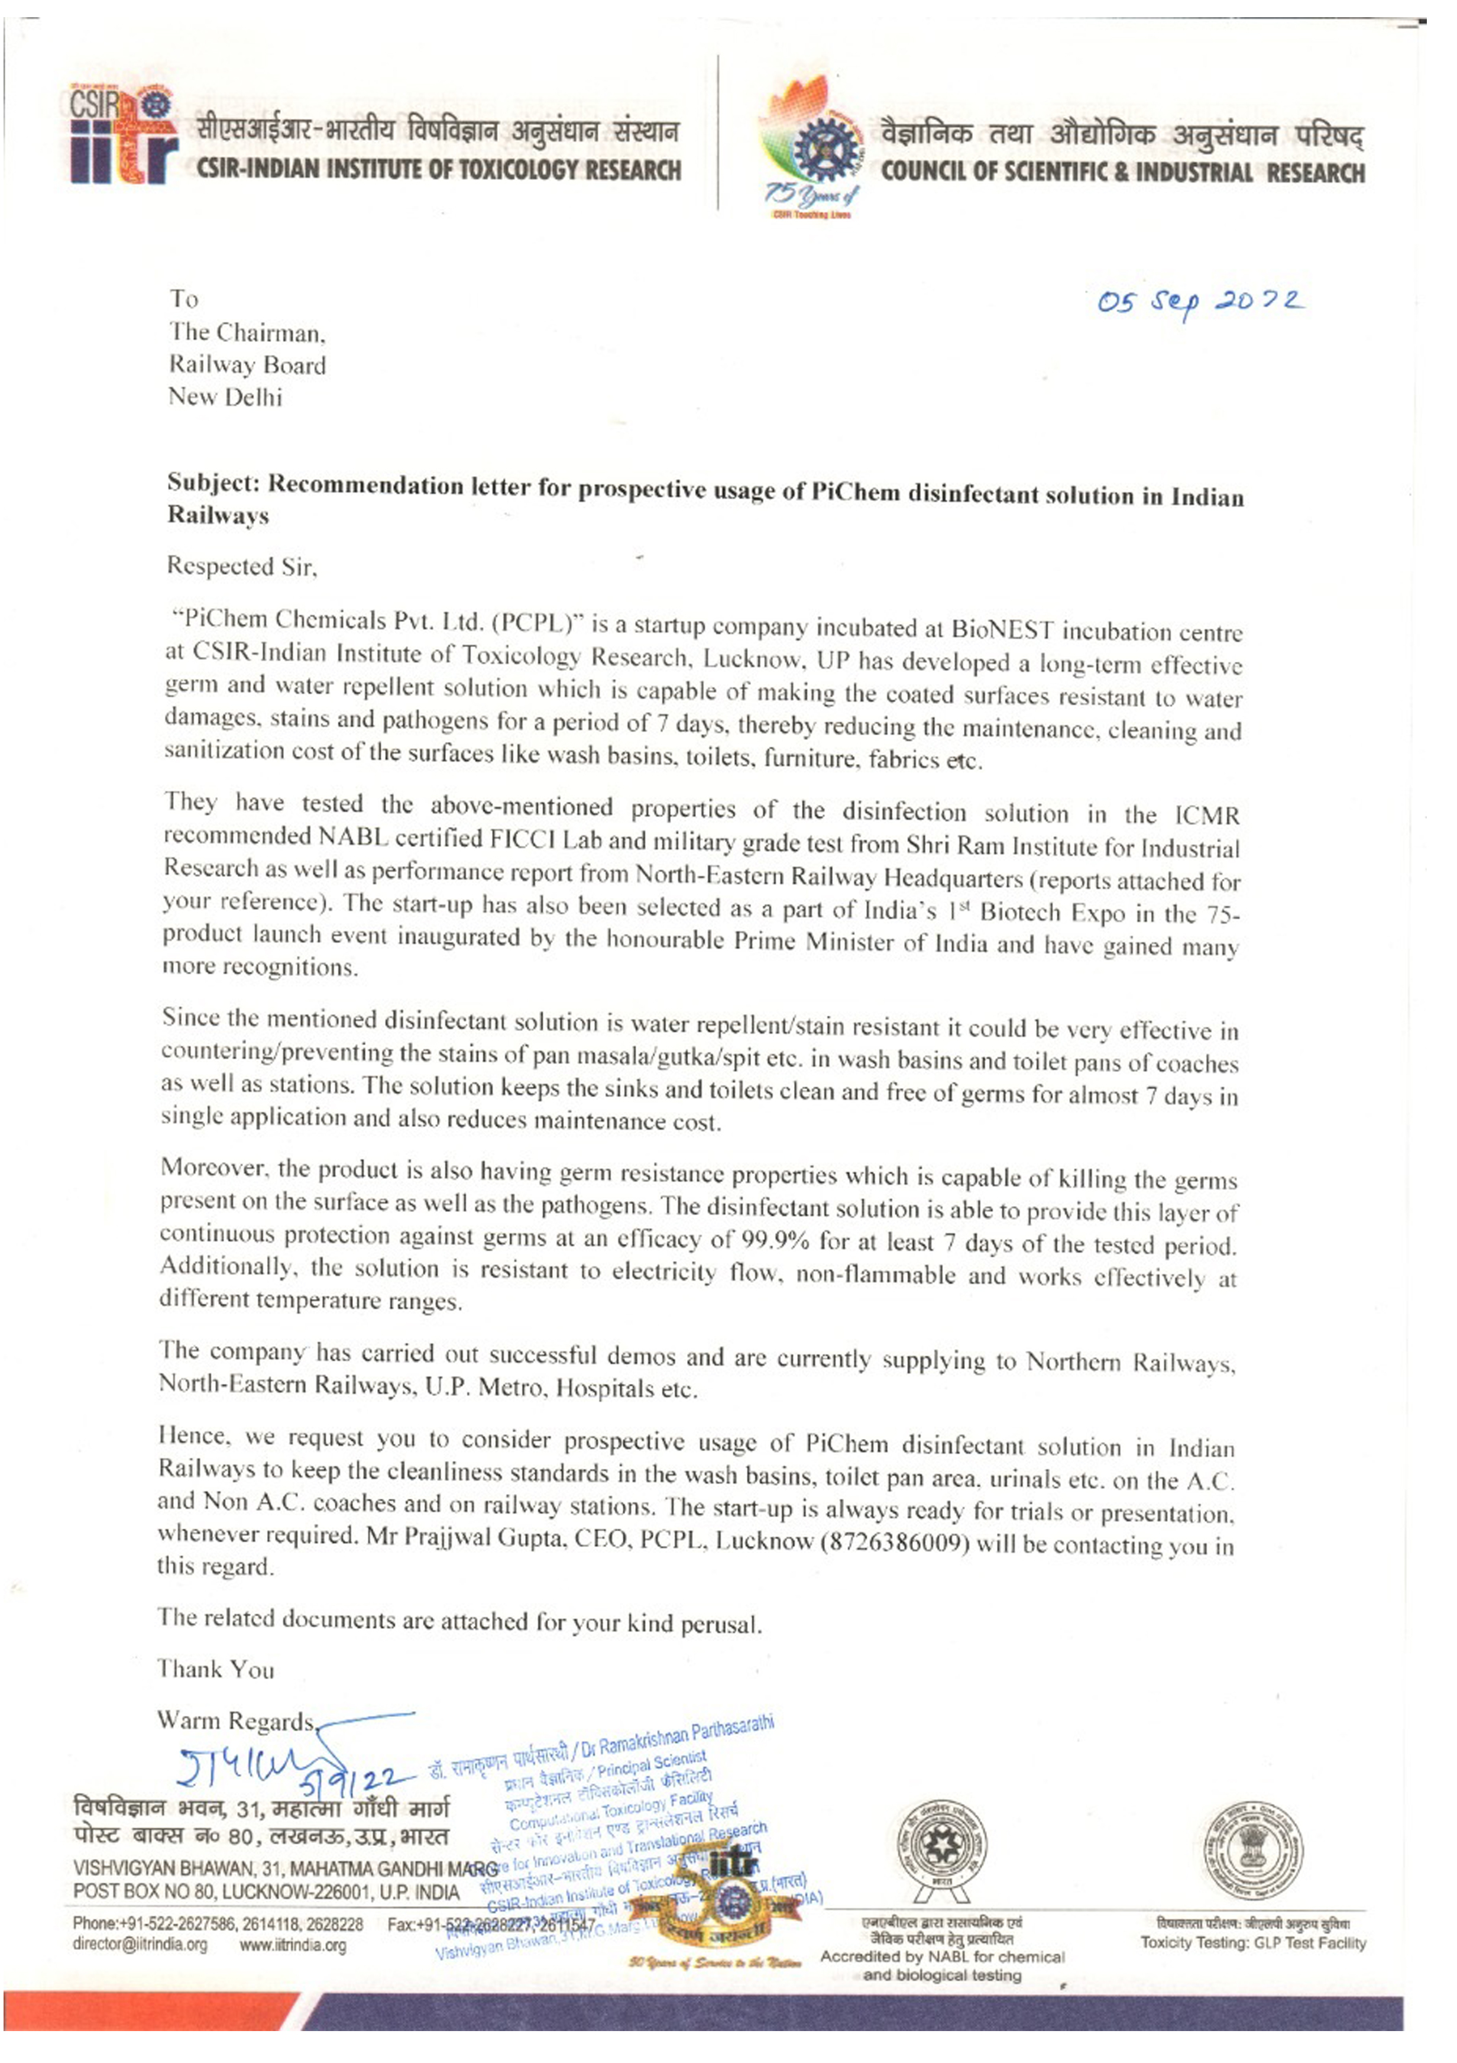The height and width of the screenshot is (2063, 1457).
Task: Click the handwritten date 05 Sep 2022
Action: point(1200,302)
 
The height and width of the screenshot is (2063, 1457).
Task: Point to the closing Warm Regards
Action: point(235,1721)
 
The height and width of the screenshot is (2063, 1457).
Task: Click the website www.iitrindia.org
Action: point(293,1945)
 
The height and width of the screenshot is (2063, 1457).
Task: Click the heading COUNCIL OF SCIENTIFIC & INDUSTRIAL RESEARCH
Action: point(1123,173)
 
